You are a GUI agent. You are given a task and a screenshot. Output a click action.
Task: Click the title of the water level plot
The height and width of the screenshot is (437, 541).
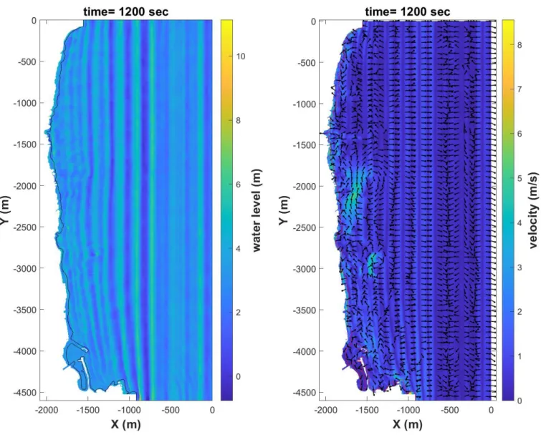coord(126,11)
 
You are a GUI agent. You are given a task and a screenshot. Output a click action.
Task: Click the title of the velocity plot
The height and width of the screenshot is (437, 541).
coord(408,11)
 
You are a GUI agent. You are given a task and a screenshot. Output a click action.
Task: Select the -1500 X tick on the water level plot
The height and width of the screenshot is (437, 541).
coord(87,410)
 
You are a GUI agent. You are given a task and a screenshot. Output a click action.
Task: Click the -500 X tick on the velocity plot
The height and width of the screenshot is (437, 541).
coord(450,410)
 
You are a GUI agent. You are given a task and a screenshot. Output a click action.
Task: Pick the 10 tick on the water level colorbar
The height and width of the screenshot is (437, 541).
coord(241,57)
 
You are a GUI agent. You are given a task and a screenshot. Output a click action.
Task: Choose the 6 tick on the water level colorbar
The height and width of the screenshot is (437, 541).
coord(239,185)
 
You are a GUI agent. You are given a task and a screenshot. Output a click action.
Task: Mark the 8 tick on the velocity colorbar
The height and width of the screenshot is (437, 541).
coord(520,45)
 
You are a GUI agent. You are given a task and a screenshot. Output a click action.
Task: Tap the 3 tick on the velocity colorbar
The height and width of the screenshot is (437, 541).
coord(520,267)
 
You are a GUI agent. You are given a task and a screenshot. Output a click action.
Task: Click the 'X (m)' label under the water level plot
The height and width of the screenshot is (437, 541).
coord(126,424)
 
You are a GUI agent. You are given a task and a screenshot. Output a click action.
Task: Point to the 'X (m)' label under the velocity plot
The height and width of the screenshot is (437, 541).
coord(408,424)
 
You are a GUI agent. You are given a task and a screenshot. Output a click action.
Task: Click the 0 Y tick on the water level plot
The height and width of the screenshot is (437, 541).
coord(34,21)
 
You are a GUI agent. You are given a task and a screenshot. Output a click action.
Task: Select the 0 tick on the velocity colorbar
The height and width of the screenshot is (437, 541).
coord(520,401)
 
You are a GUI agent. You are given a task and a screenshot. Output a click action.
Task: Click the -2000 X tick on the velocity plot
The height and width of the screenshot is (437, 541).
coord(326,410)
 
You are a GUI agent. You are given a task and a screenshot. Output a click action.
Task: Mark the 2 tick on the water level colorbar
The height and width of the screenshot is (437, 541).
coord(239,313)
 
